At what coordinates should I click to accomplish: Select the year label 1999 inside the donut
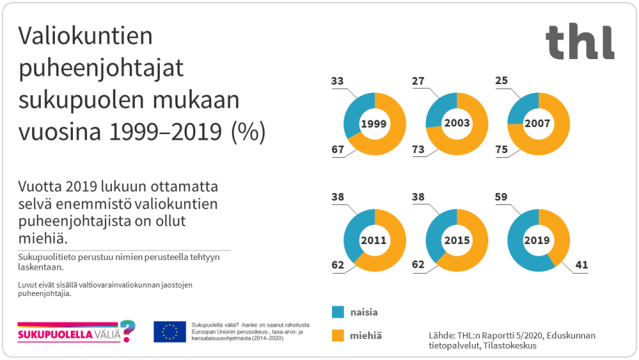tap(374, 124)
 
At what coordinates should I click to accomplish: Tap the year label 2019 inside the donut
tap(538, 240)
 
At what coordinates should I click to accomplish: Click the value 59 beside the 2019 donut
tap(499, 197)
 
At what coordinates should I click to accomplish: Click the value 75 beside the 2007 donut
tap(499, 149)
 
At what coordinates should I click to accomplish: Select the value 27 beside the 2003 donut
tap(418, 81)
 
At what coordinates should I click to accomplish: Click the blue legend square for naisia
tap(338, 312)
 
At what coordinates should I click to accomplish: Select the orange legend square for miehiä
tap(338, 335)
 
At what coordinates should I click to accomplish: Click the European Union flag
tap(169, 332)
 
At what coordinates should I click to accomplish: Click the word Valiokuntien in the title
tap(85, 36)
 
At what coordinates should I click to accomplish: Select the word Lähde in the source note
tap(444, 335)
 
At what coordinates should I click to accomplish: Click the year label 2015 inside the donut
tap(456, 240)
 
